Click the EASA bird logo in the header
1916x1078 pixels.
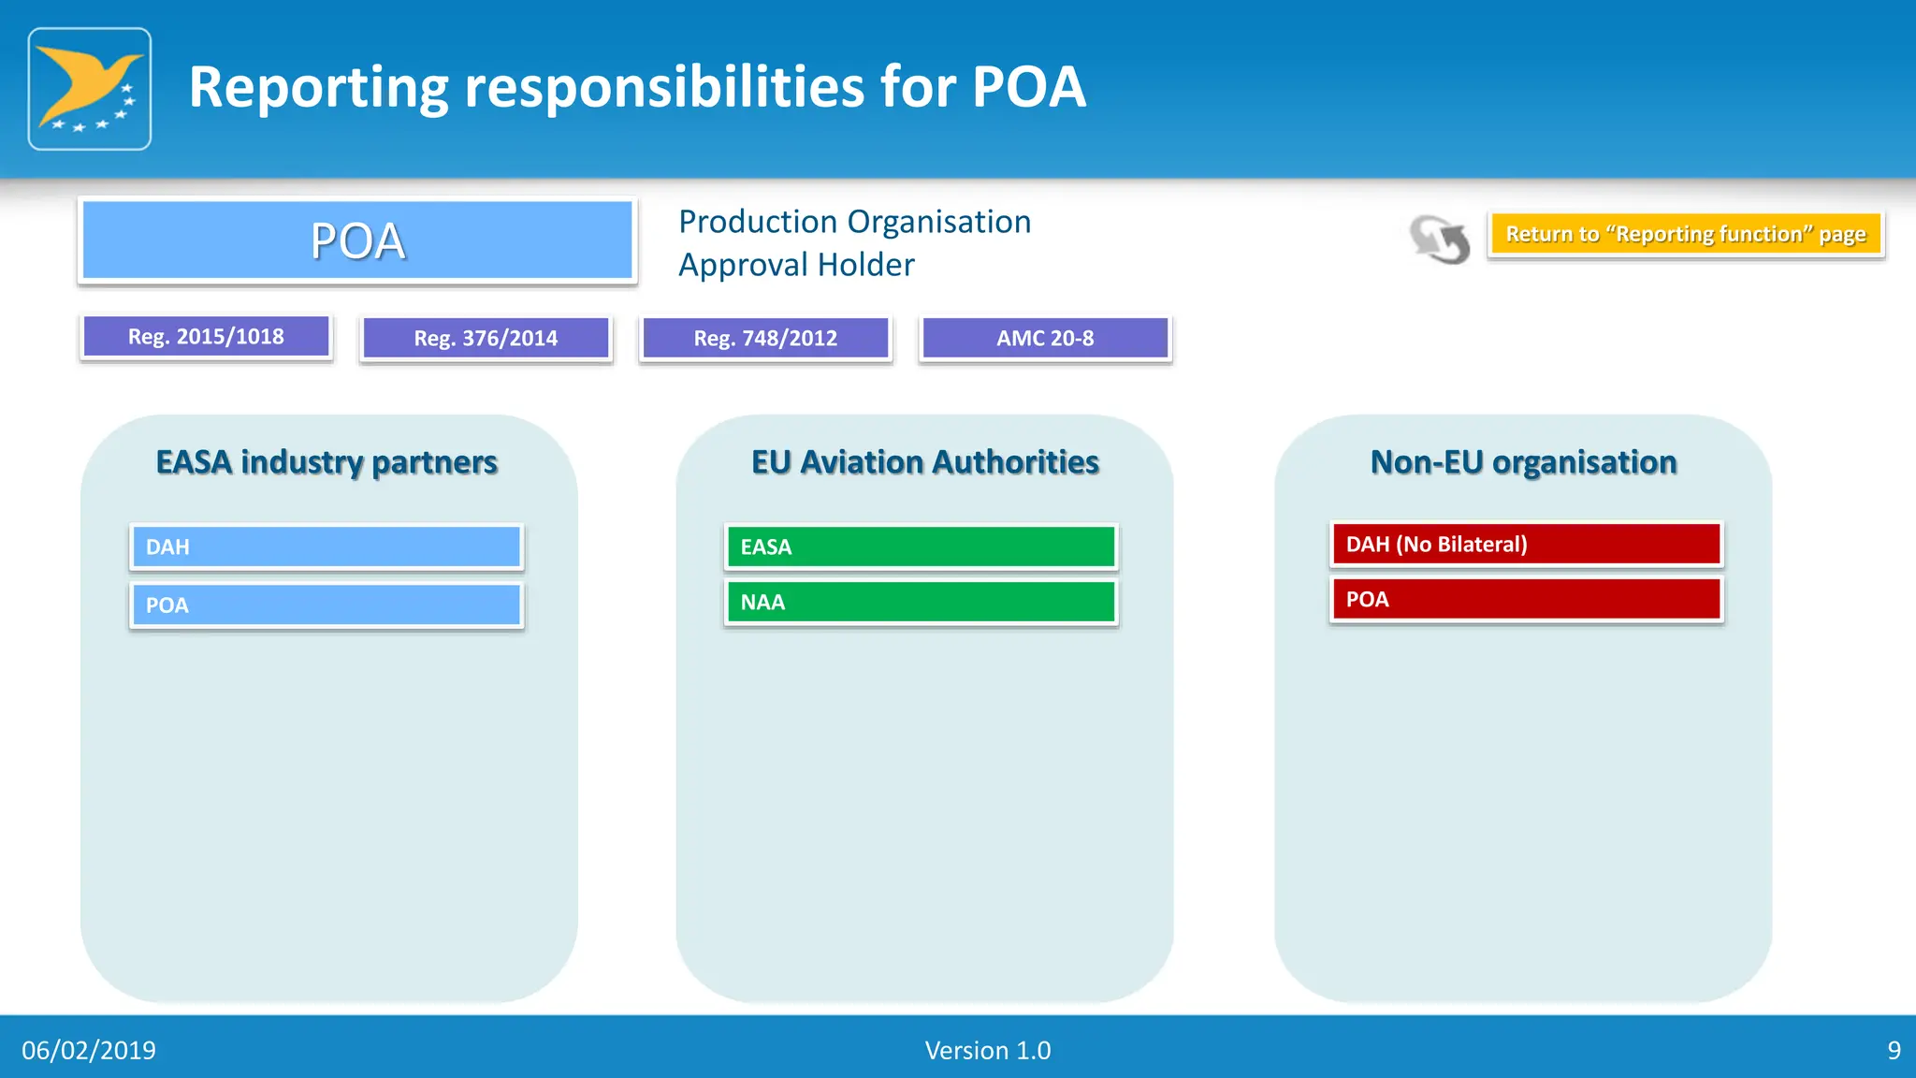point(90,89)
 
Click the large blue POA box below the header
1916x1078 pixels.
point(357,240)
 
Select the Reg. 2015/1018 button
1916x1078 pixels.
point(206,337)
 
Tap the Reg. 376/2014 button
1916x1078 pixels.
point(486,339)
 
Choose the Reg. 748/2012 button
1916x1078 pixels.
point(765,339)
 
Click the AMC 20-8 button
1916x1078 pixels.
point(1045,339)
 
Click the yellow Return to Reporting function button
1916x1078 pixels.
point(1685,234)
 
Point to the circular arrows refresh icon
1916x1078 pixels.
point(1440,240)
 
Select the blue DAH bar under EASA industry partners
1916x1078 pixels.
point(327,547)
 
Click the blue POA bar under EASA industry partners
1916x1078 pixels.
point(327,605)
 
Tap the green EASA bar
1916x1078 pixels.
point(922,547)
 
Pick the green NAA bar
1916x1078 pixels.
point(922,603)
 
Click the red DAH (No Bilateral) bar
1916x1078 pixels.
point(1526,545)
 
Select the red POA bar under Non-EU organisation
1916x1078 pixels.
point(1526,600)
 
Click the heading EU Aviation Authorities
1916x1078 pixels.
point(924,462)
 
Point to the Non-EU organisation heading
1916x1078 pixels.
point(1523,462)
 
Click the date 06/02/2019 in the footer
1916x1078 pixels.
point(89,1051)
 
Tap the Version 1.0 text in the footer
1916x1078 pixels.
point(987,1051)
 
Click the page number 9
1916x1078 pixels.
point(1894,1051)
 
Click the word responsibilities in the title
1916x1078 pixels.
point(664,87)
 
